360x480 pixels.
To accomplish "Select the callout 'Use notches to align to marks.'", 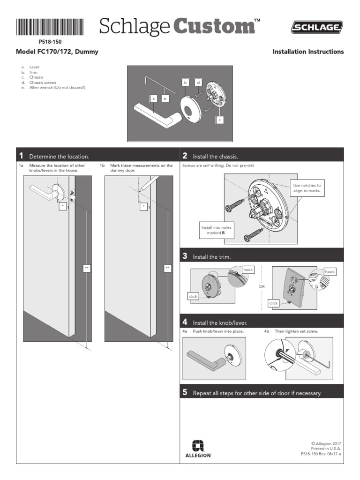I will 307,188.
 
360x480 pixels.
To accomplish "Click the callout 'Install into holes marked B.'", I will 216,230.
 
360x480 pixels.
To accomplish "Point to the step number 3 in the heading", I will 185,256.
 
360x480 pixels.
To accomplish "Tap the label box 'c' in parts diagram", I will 220,120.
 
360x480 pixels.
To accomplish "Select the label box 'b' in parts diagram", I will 186,82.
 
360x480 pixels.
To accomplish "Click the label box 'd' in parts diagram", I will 198,82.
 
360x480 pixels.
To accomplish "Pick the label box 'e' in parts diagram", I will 165,98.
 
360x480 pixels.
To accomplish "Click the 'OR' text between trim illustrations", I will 262,286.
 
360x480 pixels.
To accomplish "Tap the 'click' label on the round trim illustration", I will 193,296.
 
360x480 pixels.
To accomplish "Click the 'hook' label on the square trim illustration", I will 330,271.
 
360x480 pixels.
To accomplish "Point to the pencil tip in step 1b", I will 141,189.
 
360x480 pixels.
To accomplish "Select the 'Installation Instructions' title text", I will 308,52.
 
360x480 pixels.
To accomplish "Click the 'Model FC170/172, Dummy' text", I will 57,52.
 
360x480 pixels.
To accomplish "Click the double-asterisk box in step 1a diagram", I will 87,268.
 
